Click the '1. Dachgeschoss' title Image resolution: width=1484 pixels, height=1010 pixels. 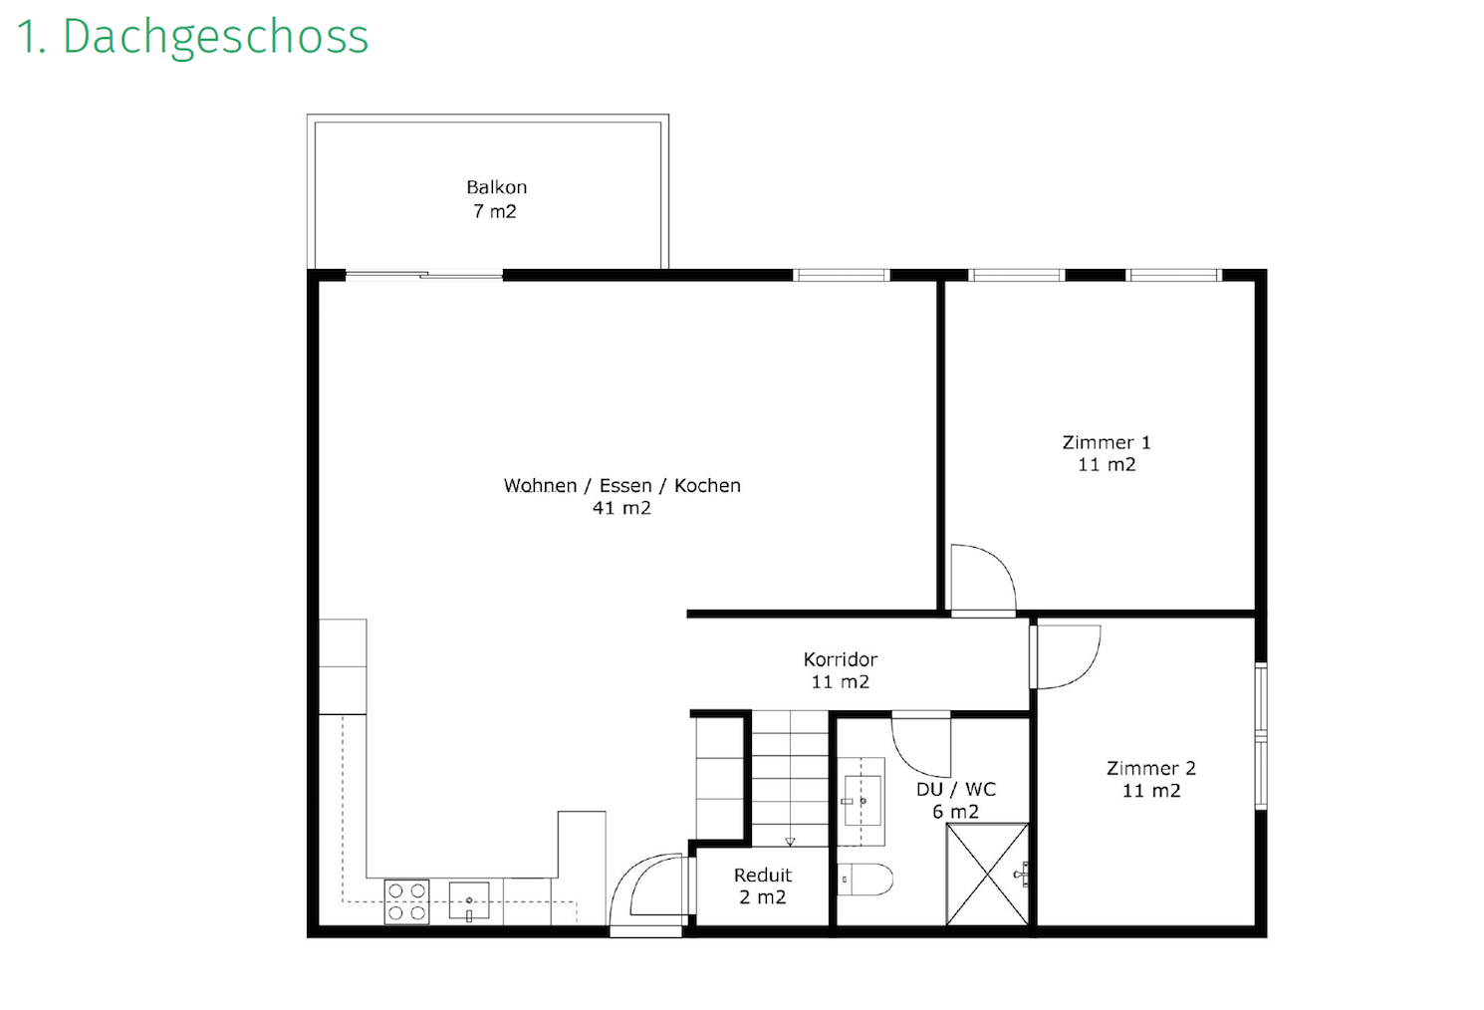point(192,38)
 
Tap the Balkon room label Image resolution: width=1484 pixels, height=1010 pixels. point(496,187)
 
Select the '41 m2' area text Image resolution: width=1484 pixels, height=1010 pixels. point(621,508)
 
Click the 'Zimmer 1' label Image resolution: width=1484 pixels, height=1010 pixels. point(1107,442)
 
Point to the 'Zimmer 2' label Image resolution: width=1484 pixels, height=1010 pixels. point(1150,768)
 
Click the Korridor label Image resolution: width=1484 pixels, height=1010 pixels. point(840,659)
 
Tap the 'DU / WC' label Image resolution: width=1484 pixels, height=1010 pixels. point(955,789)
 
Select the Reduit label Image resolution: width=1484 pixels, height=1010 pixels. point(763,875)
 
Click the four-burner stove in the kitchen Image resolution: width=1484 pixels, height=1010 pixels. point(406,902)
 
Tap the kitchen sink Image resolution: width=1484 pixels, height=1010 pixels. point(469,901)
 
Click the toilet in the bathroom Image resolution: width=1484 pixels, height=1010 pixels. point(865,880)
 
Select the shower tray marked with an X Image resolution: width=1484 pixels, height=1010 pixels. point(987,875)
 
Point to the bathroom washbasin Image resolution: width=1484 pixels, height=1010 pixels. point(862,801)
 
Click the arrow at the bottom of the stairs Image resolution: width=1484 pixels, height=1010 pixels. point(790,841)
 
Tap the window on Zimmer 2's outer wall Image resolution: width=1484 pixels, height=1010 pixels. point(1261,736)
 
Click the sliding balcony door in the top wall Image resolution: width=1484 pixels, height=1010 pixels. point(424,275)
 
